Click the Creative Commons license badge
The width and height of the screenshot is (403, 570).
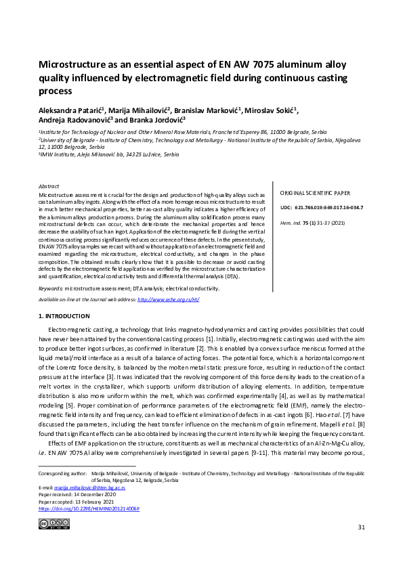click(x=54, y=523)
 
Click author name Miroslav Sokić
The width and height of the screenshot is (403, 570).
click(x=270, y=111)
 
